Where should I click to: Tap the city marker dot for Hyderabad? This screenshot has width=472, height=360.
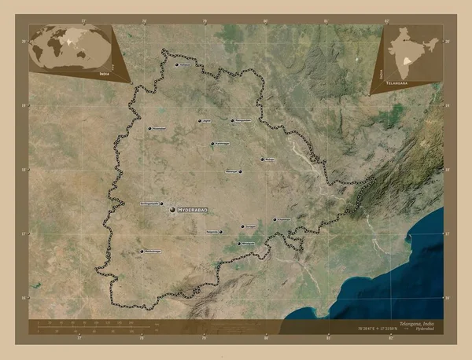(172, 209)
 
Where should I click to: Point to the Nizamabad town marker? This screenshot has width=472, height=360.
(149, 127)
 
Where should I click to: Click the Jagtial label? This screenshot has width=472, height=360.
(207, 121)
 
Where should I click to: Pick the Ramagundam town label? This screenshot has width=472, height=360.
(244, 120)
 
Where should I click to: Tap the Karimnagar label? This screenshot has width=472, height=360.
(223, 144)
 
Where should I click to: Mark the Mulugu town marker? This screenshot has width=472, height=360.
(262, 160)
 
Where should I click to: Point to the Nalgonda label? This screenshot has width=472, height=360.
(212, 232)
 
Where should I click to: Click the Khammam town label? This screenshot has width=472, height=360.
(284, 219)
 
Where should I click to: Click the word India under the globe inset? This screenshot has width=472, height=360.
(105, 72)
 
